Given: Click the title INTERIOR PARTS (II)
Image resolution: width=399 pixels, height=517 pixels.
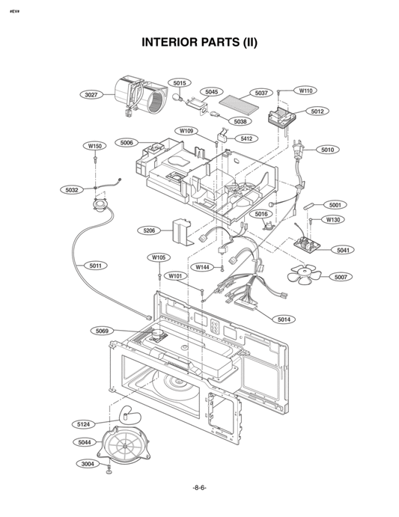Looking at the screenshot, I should pos(199,42).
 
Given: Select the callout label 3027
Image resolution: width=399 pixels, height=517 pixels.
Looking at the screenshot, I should pos(92,95).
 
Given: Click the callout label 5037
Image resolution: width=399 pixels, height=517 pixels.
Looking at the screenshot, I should pos(261,93).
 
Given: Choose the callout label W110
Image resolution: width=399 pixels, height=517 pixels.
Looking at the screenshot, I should pos(305,91).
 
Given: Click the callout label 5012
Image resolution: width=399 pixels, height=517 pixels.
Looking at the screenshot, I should pos(317,111).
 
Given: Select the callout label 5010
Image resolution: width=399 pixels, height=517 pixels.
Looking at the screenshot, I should pos(327,150).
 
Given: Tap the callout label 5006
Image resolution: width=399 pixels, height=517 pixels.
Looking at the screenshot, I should pos(127,142).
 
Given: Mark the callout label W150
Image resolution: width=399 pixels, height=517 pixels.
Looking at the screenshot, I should pos(95,146).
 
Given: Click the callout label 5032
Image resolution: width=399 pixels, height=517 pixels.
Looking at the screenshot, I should pos(71,190).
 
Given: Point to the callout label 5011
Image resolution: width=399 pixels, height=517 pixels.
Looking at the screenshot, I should pos(96,265).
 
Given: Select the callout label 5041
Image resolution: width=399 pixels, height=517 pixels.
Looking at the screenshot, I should pos(344,250).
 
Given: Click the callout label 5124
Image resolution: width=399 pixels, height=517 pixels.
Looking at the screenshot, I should pos(85,424).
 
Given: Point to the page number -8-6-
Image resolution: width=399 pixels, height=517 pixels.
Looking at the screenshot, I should pos(199,487).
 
